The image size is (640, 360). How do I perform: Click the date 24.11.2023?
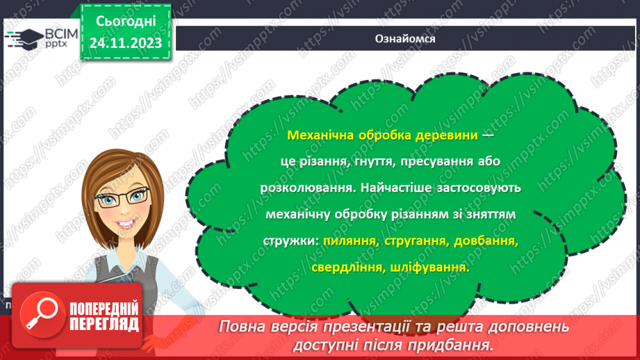point(125,43)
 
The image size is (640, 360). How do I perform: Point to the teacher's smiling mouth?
point(130,226)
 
